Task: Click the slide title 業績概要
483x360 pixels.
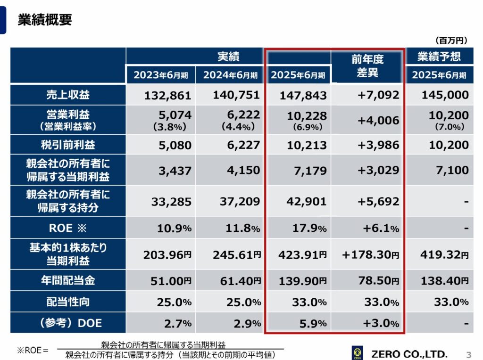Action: pyautogui.click(x=45, y=20)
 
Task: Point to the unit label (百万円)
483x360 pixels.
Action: pyautogui.click(x=450, y=41)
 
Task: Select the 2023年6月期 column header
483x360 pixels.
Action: pyautogui.click(x=160, y=75)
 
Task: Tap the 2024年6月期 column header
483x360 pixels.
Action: pyautogui.click(x=230, y=75)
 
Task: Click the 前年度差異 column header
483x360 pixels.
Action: pyautogui.click(x=367, y=66)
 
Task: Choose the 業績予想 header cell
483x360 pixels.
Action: pyautogui.click(x=439, y=57)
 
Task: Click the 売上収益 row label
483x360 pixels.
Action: pyautogui.click(x=68, y=95)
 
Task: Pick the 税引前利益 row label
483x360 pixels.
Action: pyautogui.click(x=68, y=145)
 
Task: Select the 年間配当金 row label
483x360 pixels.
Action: pyautogui.click(x=68, y=280)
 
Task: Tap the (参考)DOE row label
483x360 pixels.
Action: pyautogui.click(x=68, y=323)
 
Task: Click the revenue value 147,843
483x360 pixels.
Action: pyautogui.click(x=303, y=96)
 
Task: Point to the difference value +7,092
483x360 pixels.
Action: pyautogui.click(x=378, y=95)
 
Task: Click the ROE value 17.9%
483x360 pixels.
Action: pyautogui.click(x=309, y=228)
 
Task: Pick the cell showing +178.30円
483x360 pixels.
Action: pyautogui.click(x=371, y=255)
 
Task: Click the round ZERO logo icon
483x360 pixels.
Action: pyautogui.click(x=358, y=353)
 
